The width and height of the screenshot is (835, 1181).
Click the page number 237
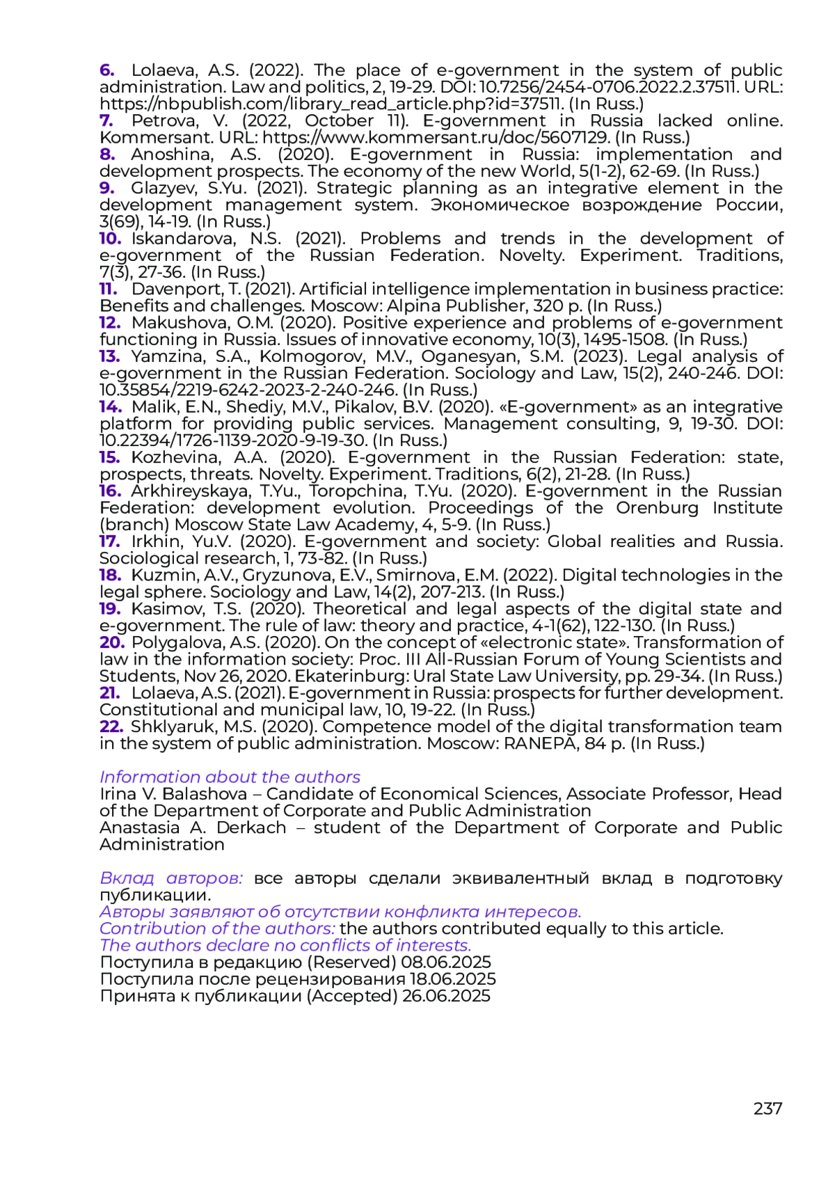768,1108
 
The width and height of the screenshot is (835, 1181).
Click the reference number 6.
106,70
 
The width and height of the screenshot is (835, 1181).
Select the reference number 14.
110,406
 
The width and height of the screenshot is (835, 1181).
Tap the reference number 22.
111,726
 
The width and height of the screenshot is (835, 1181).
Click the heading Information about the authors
230,777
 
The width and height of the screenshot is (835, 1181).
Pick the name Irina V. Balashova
173,793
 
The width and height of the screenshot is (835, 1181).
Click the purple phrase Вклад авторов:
171,878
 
